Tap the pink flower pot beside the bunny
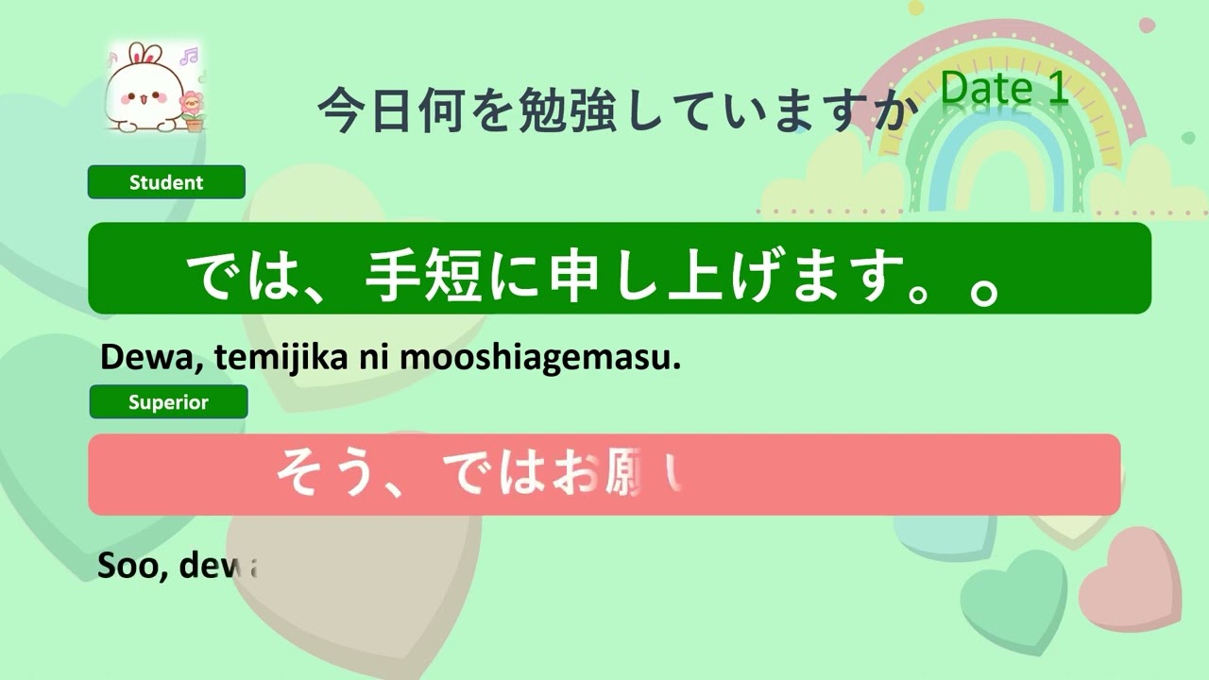point(194,111)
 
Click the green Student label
point(166,182)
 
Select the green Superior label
point(168,402)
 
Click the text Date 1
point(1004,89)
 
